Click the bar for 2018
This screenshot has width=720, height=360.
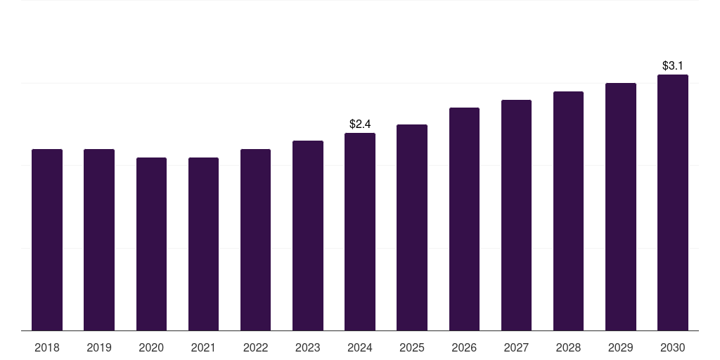(47, 240)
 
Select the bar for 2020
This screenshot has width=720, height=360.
(151, 244)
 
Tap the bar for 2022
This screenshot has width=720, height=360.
(255, 240)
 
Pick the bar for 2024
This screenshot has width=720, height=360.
(360, 231)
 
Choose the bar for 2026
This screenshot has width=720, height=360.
(464, 219)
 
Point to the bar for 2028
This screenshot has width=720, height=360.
(568, 211)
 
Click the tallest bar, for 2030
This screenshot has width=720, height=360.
(673, 202)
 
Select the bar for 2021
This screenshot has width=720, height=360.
(203, 244)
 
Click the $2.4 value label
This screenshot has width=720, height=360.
(360, 124)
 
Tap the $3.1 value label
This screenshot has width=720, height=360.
(673, 65)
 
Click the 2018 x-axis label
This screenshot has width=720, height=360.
(47, 347)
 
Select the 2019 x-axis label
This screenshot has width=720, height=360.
(99, 347)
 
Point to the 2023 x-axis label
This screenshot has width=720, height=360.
(308, 347)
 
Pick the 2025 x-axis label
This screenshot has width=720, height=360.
(412, 347)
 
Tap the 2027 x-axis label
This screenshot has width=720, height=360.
(516, 347)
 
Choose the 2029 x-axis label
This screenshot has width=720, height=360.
(621, 347)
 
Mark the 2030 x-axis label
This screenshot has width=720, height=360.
(673, 347)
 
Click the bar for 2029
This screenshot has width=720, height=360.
(621, 207)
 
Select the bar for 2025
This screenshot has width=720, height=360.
(412, 227)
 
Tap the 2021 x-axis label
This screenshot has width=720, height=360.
(203, 347)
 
